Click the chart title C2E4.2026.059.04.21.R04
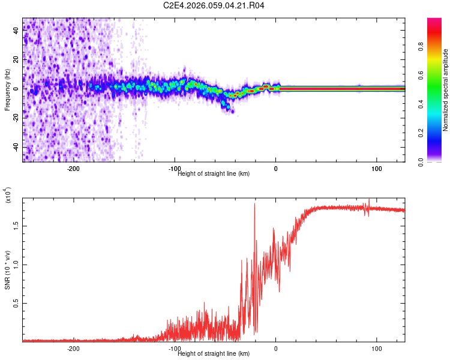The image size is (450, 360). pos(214,6)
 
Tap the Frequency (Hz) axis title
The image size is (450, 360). pos(7,89)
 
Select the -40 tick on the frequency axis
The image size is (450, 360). pos(16,147)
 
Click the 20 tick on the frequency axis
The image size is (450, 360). pos(16,59)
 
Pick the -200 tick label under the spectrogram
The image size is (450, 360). pos(73,169)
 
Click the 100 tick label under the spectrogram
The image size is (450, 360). pos(377,169)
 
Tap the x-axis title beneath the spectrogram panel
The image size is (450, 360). pos(214,173)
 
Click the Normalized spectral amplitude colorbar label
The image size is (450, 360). pos(446,90)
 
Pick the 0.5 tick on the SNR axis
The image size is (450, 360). pos(16,304)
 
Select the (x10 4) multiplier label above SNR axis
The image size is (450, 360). pos(8,195)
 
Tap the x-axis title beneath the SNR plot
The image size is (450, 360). pos(214,353)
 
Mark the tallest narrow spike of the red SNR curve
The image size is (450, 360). pos(254,204)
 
